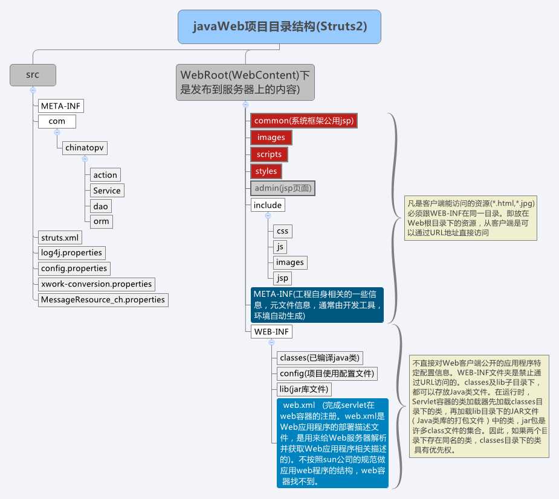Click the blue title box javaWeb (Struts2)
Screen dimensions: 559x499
coord(279,27)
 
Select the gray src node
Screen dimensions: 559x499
coord(33,75)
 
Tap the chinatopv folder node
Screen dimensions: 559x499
coord(85,148)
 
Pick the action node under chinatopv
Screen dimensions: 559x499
coord(105,175)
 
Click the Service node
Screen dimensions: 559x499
coord(107,191)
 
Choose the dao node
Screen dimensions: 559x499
coord(100,206)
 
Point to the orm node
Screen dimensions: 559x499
coord(102,221)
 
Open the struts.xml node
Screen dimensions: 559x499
coord(60,237)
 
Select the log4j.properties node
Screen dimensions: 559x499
coord(72,253)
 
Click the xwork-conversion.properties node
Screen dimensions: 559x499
coord(96,284)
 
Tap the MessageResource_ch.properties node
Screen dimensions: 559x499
coord(103,300)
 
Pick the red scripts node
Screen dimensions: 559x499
coord(269,154)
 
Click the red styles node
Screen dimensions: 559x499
coord(266,171)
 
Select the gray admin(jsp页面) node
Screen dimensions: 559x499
coord(283,188)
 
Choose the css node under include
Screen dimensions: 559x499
coord(282,231)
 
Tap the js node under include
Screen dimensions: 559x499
coord(280,247)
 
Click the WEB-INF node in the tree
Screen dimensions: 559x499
coord(271,331)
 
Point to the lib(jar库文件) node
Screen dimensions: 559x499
coord(304,389)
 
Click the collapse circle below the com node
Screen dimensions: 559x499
coord(57,132)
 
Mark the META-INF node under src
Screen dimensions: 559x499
coord(60,106)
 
